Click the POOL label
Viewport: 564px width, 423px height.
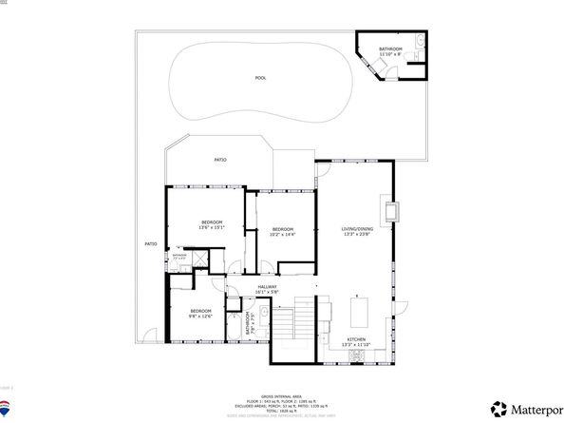click(260, 78)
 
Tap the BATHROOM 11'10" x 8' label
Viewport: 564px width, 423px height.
click(391, 51)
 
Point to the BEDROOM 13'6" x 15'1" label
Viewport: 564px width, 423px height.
click(211, 225)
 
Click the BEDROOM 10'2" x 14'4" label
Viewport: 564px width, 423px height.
click(283, 232)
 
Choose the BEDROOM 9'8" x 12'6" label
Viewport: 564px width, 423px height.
click(200, 315)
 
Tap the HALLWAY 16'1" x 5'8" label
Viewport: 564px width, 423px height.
click(268, 290)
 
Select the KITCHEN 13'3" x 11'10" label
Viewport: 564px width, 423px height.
click(357, 342)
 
